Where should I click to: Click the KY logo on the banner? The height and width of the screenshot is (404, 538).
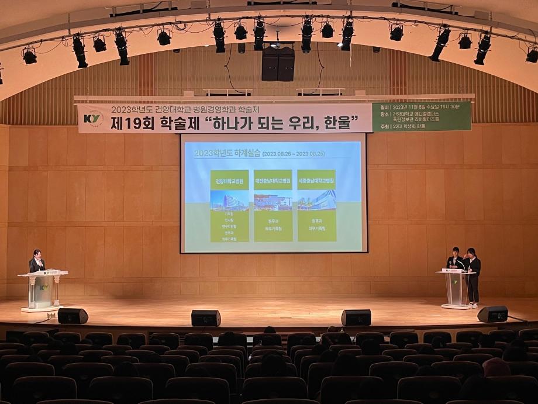click(92, 118)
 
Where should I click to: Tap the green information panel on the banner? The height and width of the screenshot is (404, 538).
click(421, 116)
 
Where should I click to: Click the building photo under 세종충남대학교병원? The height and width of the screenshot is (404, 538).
click(316, 200)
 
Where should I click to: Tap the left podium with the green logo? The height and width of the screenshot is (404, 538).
click(43, 289)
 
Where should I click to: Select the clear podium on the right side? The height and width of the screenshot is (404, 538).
click(455, 288)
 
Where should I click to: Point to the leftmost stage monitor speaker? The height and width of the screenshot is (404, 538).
click(73, 316)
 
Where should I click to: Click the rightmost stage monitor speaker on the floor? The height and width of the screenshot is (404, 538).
click(492, 314)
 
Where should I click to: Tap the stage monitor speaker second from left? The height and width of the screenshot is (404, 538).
click(206, 318)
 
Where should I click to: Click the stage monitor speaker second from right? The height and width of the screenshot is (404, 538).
click(356, 317)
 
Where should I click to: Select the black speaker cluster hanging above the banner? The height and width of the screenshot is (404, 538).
click(278, 63)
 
